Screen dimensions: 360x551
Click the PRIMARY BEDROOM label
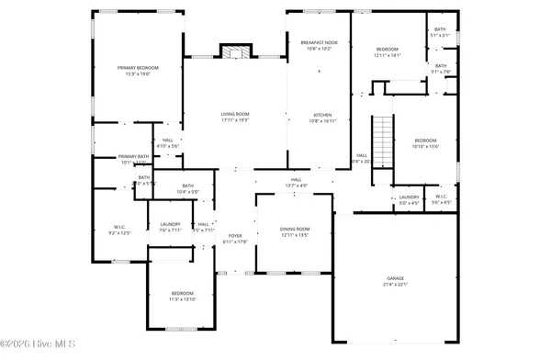[x=137, y=69]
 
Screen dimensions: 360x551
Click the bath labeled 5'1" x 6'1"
[x=440, y=29]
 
